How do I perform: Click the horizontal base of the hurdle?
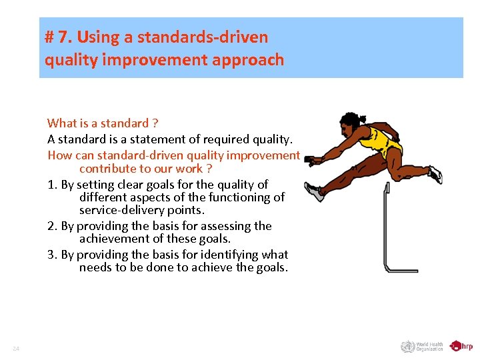(403, 269)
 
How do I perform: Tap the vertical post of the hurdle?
(386, 227)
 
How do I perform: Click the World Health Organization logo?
(422, 346)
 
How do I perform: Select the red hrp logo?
(461, 346)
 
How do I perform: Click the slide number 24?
(16, 349)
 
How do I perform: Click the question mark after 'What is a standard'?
(155, 123)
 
